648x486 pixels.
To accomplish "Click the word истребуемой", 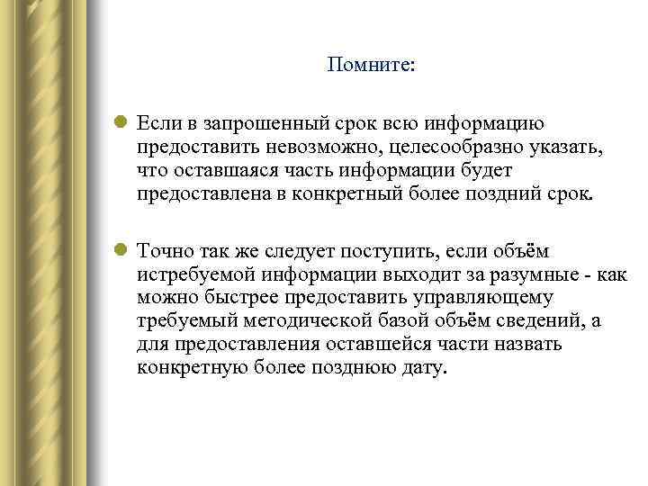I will (193, 274).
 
